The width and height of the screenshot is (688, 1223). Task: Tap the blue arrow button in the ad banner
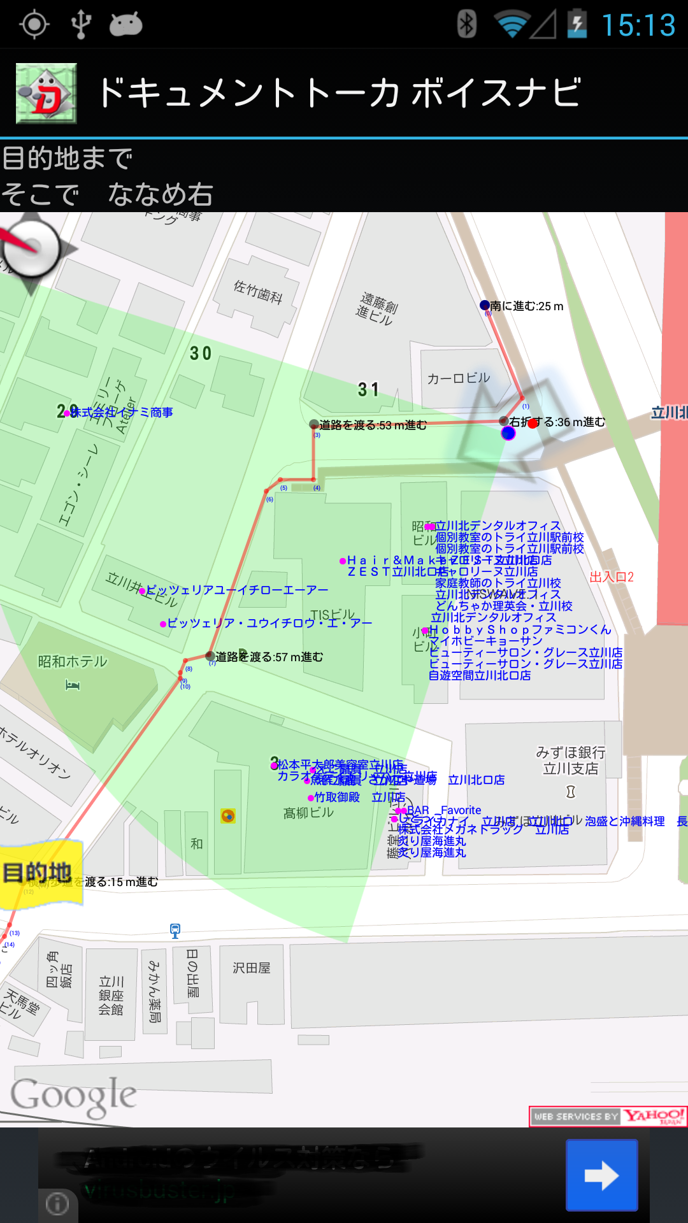point(601,1175)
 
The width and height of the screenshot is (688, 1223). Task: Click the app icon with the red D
point(47,93)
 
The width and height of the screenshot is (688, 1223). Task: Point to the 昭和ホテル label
point(73,662)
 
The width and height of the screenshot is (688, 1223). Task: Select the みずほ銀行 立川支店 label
point(571,761)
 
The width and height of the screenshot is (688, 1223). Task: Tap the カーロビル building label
point(459,378)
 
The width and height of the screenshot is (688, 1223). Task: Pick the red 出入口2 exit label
point(612,577)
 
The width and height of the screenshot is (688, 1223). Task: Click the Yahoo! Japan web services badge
point(608,1116)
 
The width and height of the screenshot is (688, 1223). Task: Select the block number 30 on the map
point(201,354)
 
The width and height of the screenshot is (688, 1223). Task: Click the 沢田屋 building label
point(252,968)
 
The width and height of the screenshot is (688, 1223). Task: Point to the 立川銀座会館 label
point(111,995)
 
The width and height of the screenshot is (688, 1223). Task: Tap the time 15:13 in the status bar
point(638,25)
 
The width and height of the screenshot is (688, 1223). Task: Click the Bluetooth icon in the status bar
point(467,25)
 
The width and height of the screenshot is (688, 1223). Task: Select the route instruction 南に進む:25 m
point(527,306)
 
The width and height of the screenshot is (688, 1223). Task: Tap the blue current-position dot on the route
point(508,433)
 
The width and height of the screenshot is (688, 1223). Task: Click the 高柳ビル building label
point(308,813)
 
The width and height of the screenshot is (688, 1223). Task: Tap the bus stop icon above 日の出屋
point(175,931)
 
